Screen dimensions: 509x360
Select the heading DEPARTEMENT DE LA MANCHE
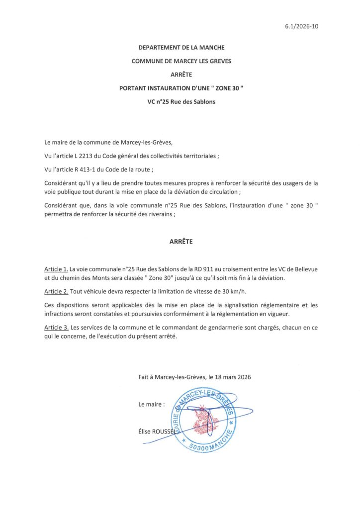pos(181,48)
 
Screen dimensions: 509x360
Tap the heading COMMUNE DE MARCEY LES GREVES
pos(181,61)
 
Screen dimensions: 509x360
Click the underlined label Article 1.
pos(56,269)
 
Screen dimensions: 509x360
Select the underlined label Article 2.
pos(56,291)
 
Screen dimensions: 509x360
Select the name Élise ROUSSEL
pos(157,432)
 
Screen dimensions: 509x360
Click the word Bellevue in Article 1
pos(304,269)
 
